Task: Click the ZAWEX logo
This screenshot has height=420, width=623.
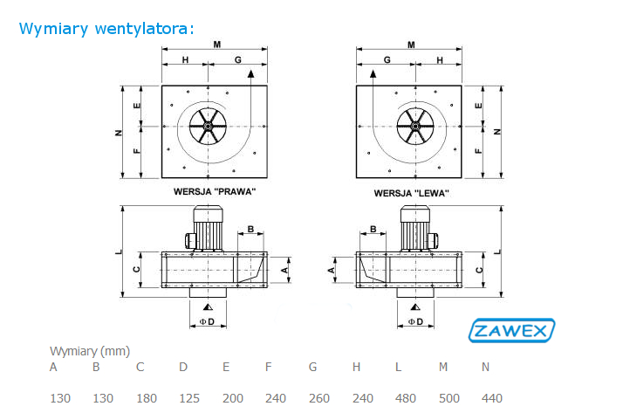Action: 511,330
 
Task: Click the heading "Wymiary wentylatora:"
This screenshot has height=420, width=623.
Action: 106,29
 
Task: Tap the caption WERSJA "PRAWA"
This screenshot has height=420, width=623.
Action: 215,192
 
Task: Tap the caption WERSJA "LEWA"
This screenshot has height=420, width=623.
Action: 411,193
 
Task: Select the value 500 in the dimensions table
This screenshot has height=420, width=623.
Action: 449,398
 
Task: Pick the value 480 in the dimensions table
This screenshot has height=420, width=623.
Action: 406,398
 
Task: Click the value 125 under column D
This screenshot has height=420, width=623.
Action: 189,398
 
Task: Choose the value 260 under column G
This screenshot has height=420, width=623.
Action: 319,398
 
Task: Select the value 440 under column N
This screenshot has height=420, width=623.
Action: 492,398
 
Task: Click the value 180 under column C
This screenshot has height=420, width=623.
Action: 147,398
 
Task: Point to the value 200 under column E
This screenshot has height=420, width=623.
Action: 233,398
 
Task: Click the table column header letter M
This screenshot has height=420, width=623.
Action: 443,367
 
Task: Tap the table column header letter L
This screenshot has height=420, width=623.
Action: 398,367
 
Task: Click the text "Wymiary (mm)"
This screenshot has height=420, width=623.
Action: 90,351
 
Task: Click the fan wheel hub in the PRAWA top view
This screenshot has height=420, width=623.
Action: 208,126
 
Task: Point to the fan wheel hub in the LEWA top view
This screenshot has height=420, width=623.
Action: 415,126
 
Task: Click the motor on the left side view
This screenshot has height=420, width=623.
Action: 205,228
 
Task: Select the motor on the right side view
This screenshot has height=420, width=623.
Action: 418,228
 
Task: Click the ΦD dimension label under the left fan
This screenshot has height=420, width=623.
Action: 207,321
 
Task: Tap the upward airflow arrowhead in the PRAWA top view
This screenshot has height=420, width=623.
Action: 250,73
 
